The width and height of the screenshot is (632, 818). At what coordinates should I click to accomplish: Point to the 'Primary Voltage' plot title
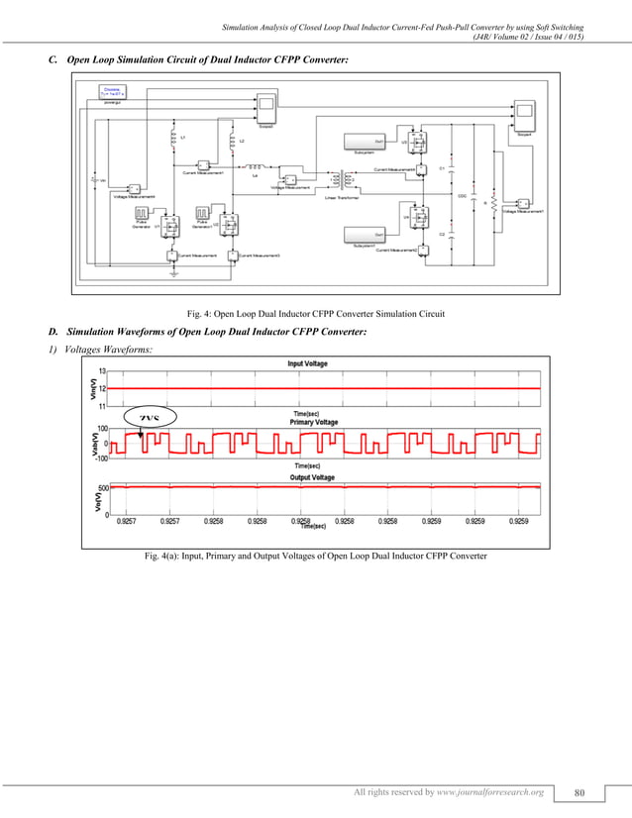(312, 422)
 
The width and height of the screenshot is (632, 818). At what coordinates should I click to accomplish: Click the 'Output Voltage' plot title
(312, 478)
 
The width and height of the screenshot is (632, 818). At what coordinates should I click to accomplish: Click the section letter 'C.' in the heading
(54, 61)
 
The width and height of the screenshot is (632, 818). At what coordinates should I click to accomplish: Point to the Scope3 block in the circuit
(267, 109)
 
